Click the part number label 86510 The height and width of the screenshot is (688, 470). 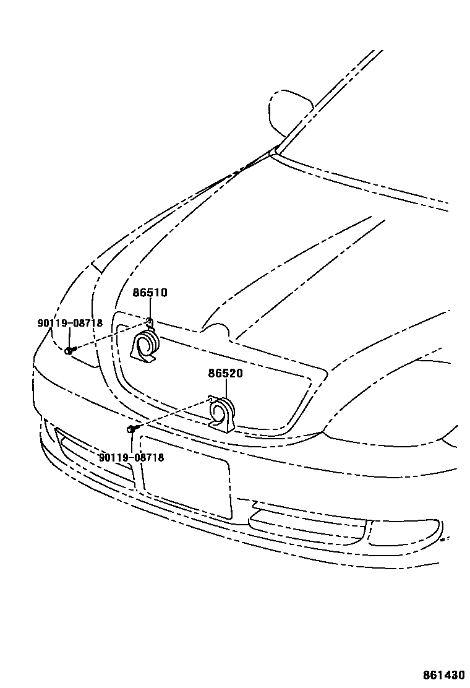(150, 293)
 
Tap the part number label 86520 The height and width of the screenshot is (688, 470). (225, 374)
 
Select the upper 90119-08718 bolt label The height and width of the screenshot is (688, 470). (69, 323)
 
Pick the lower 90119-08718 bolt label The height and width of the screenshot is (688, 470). (131, 457)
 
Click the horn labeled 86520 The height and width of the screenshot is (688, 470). (222, 413)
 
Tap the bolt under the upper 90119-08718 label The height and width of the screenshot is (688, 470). (69, 350)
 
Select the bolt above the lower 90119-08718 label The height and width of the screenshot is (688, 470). (131, 428)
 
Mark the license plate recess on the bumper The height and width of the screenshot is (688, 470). (186, 476)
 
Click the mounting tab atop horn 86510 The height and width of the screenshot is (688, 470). (150, 321)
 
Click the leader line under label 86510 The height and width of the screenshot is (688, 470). (150, 309)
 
